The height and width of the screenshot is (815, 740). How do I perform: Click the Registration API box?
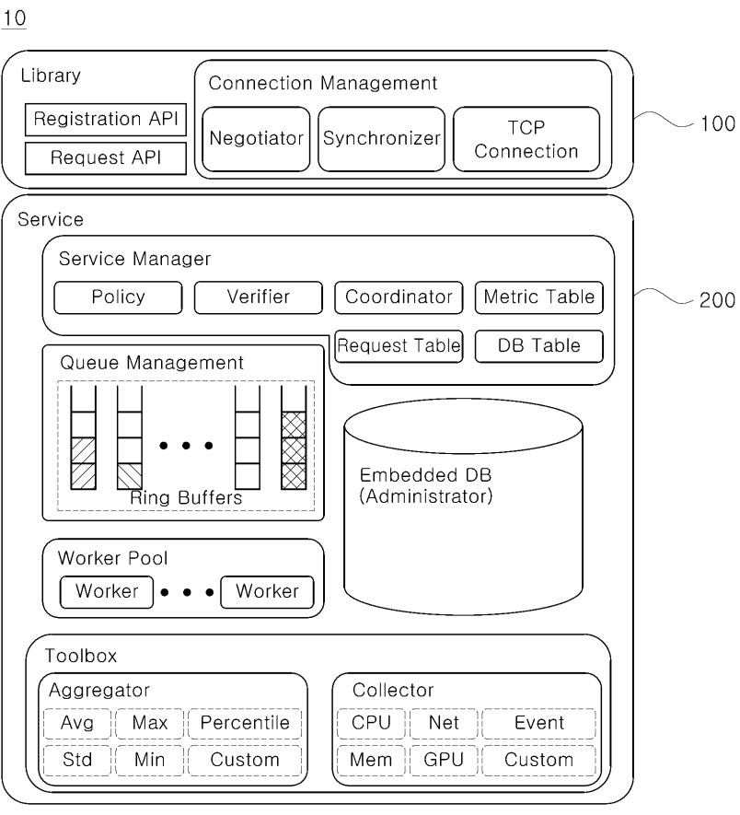click(x=105, y=119)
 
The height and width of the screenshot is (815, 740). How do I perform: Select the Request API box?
click(x=105, y=157)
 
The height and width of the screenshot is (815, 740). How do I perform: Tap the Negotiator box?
click(x=256, y=139)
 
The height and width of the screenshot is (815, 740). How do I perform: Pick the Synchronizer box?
click(x=381, y=139)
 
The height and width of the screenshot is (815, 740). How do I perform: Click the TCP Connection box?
click(x=526, y=139)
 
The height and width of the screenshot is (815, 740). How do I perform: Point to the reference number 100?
click(x=717, y=122)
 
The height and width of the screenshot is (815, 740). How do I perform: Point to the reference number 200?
click(x=717, y=300)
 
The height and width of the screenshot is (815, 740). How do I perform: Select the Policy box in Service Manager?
click(x=118, y=297)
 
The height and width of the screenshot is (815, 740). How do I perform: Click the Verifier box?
click(x=258, y=297)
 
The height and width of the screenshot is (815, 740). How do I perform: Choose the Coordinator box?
click(x=399, y=297)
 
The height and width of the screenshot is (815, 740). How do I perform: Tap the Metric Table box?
click(x=539, y=297)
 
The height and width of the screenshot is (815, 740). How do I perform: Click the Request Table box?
click(x=399, y=345)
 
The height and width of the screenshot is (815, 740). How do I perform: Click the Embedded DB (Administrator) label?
click(x=425, y=485)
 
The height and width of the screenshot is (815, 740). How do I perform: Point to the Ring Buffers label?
click(x=186, y=497)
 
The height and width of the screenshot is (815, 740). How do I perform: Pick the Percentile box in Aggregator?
click(x=245, y=723)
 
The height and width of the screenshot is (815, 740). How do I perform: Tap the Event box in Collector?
click(x=538, y=723)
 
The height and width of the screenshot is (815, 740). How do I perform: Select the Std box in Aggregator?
click(x=77, y=760)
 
